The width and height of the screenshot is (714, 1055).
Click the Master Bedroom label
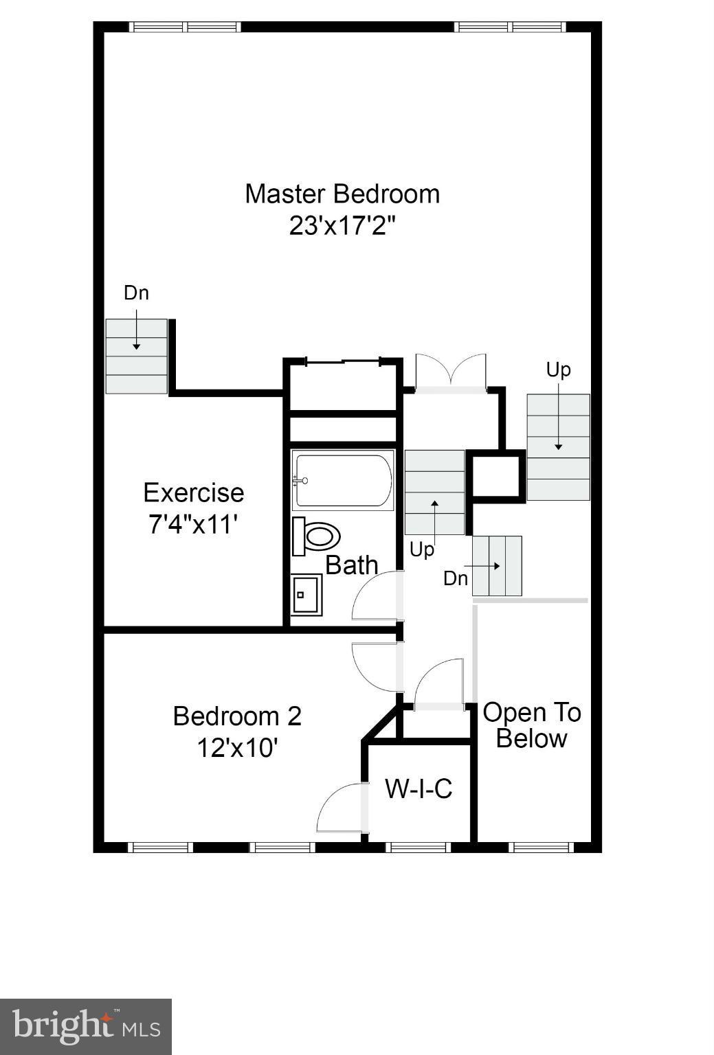coord(342,194)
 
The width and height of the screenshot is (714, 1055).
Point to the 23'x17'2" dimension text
coord(342,226)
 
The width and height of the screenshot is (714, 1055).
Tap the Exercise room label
coord(193,492)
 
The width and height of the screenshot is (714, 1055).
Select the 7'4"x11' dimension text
coord(193,525)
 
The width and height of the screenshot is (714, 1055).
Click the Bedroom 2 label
coord(237,716)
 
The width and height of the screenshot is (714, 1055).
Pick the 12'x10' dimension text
coord(237,747)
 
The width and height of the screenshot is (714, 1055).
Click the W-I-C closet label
coord(419,789)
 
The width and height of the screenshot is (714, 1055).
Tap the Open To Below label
coord(531,725)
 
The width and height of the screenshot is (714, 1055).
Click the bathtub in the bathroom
coord(343,481)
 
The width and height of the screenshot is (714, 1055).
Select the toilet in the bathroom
coord(317,536)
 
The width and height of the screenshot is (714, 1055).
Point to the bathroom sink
coord(305,594)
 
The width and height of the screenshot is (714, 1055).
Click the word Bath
coord(351,565)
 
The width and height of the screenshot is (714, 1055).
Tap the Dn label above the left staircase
coord(136,293)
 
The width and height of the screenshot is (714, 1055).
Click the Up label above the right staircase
coord(558,370)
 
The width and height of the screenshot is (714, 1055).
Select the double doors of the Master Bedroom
coord(451,372)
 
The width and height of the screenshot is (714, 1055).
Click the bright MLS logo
coord(86,1027)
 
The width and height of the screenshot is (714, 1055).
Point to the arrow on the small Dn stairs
coord(490,566)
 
